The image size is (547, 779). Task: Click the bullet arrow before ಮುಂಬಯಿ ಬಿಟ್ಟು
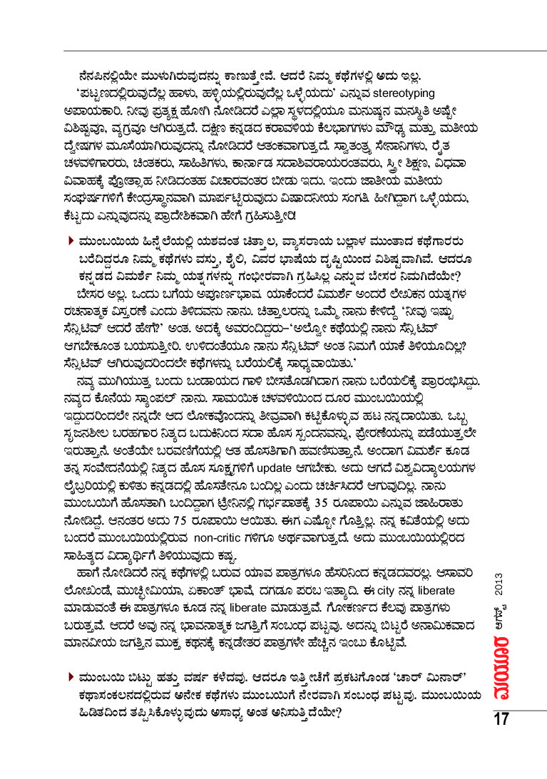(70, 676)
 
